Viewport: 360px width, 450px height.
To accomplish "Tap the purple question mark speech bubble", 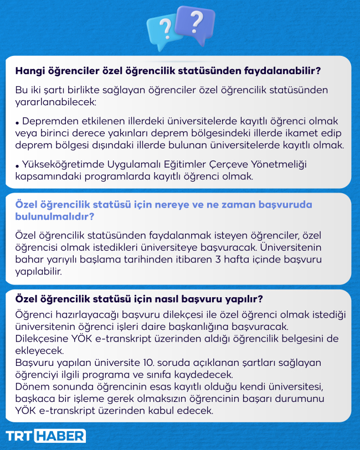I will [195, 24].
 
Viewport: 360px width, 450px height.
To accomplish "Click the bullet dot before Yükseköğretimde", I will [18, 166].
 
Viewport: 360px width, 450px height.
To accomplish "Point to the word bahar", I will [29, 259].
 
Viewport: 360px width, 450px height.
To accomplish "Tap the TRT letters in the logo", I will [19, 436].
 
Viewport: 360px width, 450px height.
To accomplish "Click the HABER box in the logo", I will [60, 436].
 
